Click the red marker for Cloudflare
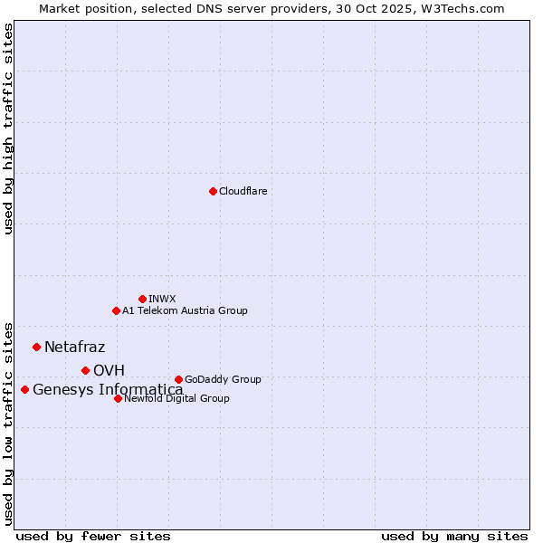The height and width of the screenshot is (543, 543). [x=213, y=191]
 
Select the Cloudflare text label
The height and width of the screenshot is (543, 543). [x=243, y=192]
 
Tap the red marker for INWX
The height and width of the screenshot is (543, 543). [x=142, y=299]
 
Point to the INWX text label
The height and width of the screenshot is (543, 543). [x=162, y=300]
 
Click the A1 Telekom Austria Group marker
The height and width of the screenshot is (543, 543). [x=116, y=310]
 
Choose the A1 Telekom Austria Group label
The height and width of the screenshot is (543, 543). [x=185, y=311]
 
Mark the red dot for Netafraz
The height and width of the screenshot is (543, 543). [x=36, y=347]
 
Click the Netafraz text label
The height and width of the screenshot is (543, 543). [x=74, y=348]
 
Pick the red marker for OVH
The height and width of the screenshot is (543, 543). [x=85, y=370]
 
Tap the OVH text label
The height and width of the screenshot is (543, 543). [x=109, y=371]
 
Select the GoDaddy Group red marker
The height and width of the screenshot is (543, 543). [x=178, y=379]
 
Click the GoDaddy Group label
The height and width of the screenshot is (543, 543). [x=223, y=380]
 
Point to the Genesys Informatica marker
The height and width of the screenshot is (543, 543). [x=24, y=389]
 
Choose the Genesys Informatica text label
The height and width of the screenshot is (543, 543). [x=108, y=390]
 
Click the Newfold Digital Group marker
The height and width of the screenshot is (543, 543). [x=118, y=398]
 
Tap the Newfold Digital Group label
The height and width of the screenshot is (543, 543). [x=176, y=399]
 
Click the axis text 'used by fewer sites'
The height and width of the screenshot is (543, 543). [x=93, y=536]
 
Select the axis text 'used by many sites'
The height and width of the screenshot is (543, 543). [x=454, y=536]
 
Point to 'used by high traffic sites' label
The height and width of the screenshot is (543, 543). [x=9, y=129]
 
